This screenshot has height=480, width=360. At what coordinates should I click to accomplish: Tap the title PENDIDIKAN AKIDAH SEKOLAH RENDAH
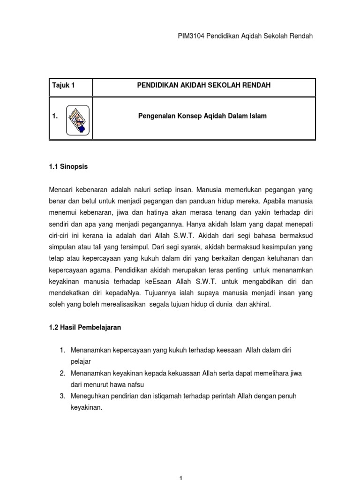[x=203, y=85]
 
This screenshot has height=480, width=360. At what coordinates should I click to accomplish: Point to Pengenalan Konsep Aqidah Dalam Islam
[x=203, y=116]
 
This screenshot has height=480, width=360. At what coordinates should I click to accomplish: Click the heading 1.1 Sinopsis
[x=68, y=166]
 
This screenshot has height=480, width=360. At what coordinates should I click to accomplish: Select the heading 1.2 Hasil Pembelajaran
[x=84, y=328]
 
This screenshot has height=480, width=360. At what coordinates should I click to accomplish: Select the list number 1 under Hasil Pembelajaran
[x=62, y=351]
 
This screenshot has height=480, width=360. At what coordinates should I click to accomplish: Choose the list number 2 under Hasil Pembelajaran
[x=62, y=374]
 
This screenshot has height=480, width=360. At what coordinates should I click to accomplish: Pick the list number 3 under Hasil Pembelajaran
[x=62, y=396]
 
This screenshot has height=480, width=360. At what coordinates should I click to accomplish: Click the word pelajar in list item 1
[x=80, y=362]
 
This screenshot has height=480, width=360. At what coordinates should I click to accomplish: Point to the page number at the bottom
[x=180, y=477]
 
